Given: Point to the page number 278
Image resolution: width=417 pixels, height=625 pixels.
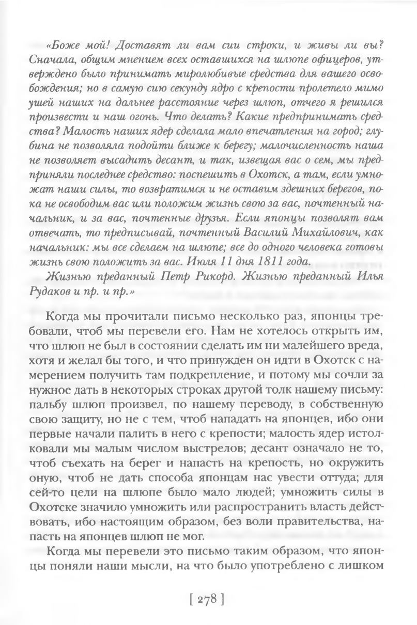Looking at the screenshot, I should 207,599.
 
